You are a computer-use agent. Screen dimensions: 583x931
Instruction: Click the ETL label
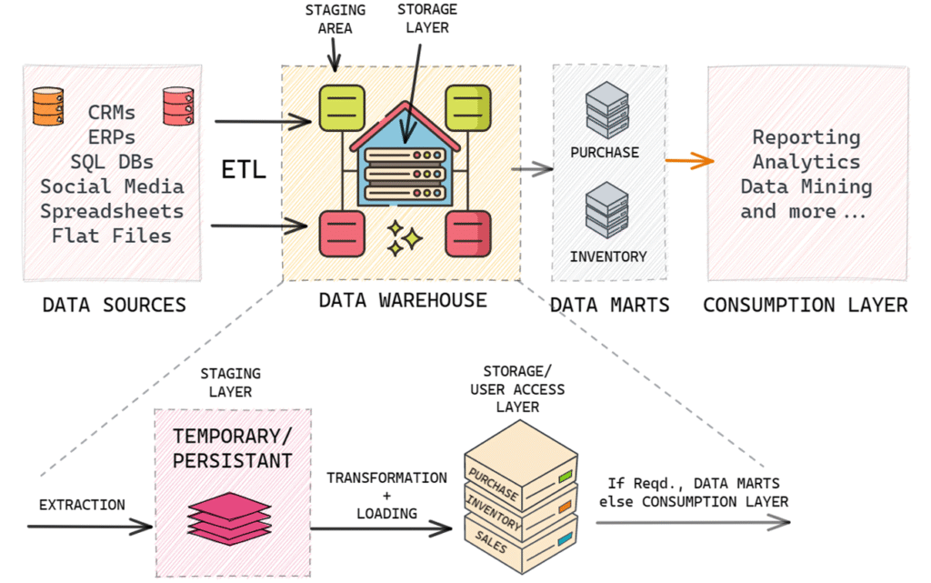click(x=244, y=169)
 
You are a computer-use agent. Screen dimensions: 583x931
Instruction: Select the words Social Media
click(x=113, y=186)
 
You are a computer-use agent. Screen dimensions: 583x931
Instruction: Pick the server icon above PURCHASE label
click(x=606, y=107)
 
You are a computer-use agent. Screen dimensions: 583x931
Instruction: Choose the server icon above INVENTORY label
click(x=606, y=209)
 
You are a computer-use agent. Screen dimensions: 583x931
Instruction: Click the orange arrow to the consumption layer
click(x=688, y=162)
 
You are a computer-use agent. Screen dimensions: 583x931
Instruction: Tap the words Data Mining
click(x=806, y=186)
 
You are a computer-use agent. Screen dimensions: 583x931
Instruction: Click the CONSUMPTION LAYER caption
click(x=805, y=305)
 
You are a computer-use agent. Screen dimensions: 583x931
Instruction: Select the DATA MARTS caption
click(x=609, y=305)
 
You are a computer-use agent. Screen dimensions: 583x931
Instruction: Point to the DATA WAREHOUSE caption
click(x=402, y=300)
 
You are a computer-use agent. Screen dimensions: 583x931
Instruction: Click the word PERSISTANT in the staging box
click(x=233, y=460)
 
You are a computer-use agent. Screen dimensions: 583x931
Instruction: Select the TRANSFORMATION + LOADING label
click(x=386, y=495)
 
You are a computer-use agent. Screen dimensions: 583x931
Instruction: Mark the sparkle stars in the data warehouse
click(x=404, y=238)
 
